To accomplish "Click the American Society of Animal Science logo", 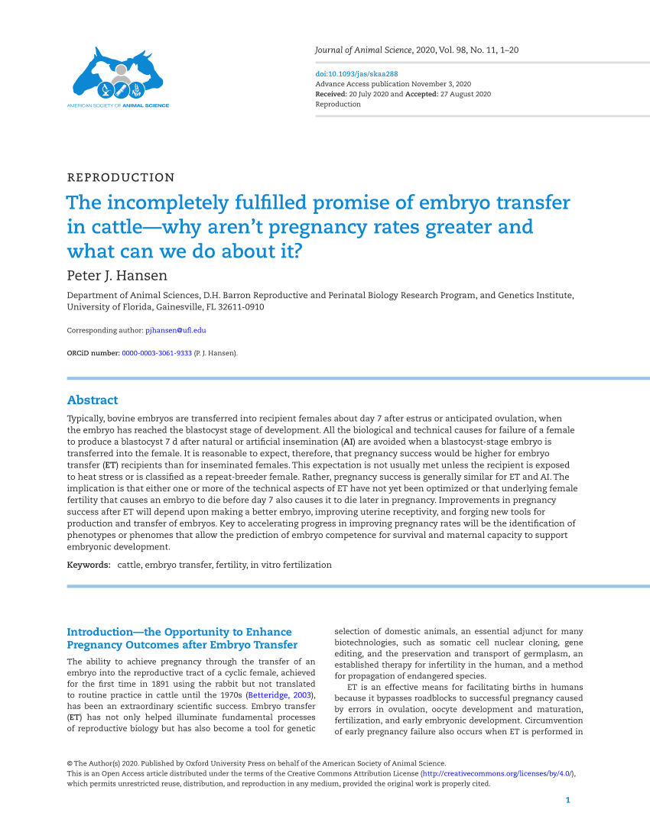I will pyautogui.click(x=118, y=76).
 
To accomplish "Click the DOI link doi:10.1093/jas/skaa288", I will pyautogui.click(x=346, y=74).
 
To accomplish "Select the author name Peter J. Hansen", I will pyautogui.click(x=117, y=275).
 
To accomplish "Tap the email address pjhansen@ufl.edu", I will pyautogui.click(x=176, y=330).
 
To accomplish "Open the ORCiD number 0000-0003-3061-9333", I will pyautogui.click(x=157, y=353).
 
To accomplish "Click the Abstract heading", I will pyautogui.click(x=93, y=400).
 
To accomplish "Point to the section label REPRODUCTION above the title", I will pyautogui.click(x=121, y=177).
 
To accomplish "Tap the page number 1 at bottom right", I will pyautogui.click(x=567, y=800).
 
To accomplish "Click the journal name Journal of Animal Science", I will pyautogui.click(x=363, y=50).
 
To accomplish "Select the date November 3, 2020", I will pyautogui.click(x=441, y=84).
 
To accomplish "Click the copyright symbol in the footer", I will pyautogui.click(x=70, y=763).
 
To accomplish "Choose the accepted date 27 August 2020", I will pyautogui.click(x=465, y=94).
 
